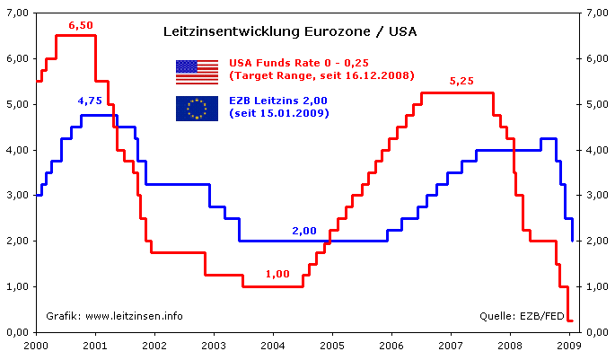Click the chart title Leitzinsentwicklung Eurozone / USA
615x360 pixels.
pos(289,31)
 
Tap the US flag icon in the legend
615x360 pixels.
pos(197,70)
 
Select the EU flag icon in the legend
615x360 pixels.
pos(197,109)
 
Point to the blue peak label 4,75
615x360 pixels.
pos(90,101)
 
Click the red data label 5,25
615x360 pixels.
pos(461,81)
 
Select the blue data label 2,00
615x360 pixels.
pos(304,231)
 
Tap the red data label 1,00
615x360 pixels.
pos(277,274)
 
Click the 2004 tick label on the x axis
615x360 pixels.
pos(273,345)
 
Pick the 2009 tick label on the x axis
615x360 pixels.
pos(569,345)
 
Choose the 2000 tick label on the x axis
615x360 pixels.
pos(36,345)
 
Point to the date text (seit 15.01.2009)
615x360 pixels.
pos(279,114)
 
